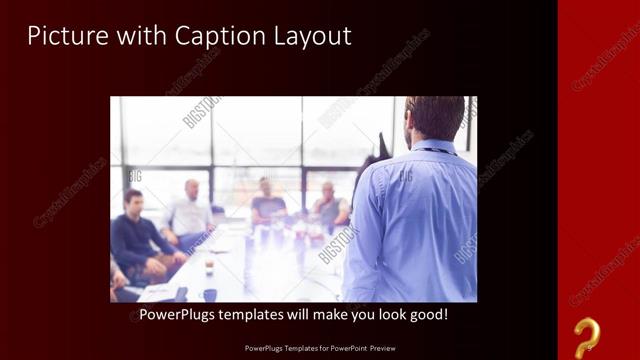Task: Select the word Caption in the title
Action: pyautogui.click(x=214, y=36)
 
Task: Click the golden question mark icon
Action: pyautogui.click(x=587, y=336)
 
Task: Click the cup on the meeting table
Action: pyautogui.click(x=209, y=266)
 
